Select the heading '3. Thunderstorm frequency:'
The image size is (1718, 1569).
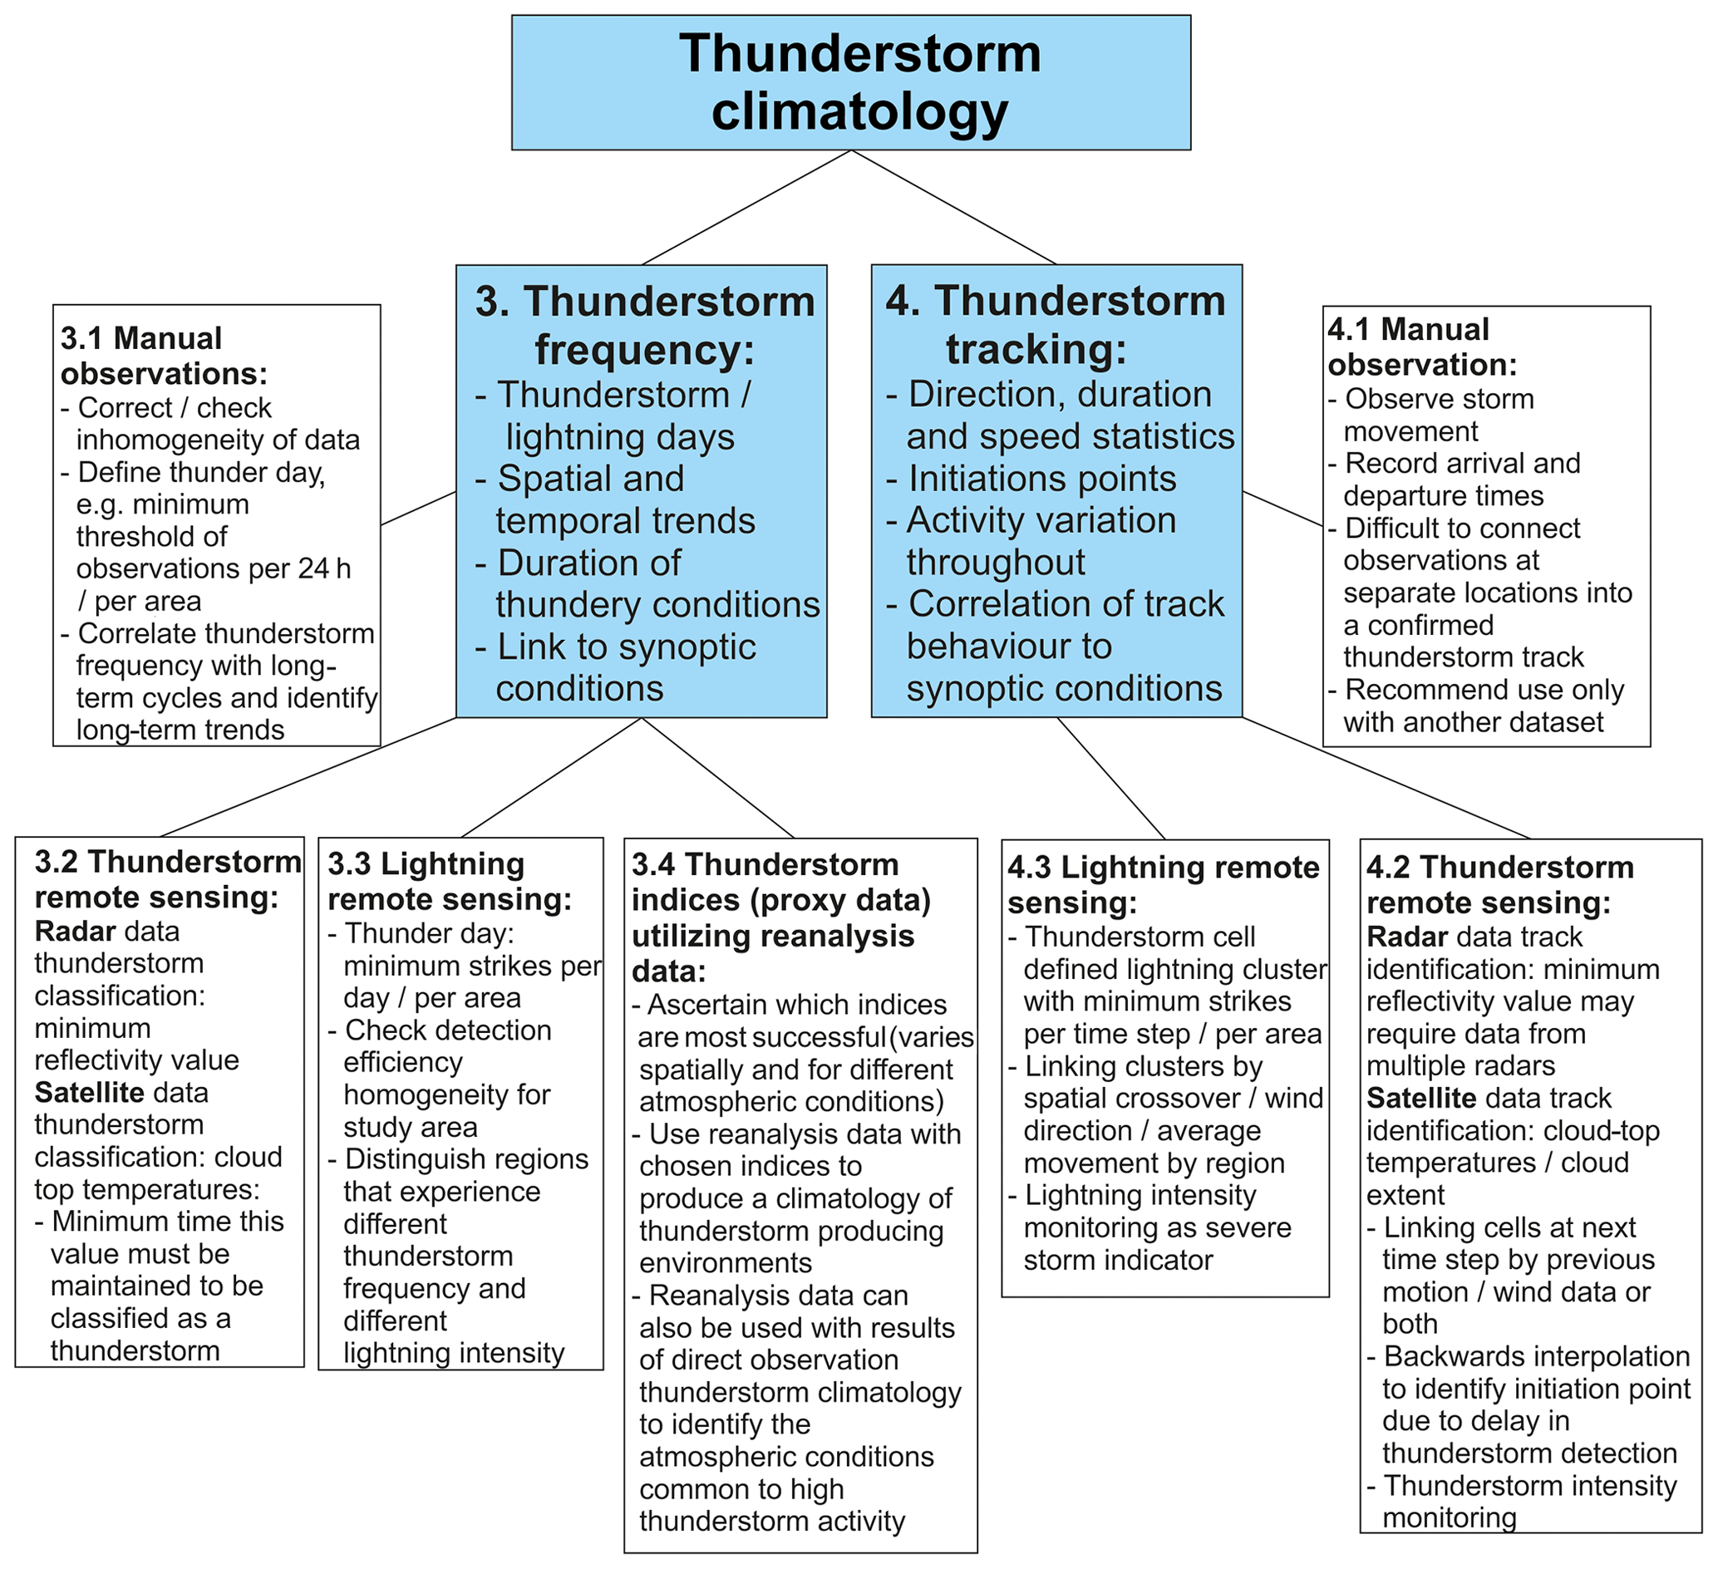point(644,325)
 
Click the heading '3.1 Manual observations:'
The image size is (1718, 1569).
point(163,356)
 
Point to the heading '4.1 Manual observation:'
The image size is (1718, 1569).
point(1421,346)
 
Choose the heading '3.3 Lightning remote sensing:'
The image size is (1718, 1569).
point(449,881)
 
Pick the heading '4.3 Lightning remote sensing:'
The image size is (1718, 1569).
point(1163,884)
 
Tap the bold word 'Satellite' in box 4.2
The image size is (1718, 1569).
point(1415,1098)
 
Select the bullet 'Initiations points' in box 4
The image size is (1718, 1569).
point(1041,478)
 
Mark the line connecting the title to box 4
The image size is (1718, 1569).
point(953,207)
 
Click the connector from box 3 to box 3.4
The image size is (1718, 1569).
point(717,777)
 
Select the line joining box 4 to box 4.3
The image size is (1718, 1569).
point(1110,777)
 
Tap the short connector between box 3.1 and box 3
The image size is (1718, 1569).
point(417,508)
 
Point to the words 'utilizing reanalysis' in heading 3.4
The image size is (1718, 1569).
point(773,936)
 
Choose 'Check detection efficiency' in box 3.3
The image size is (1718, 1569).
point(446,1045)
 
